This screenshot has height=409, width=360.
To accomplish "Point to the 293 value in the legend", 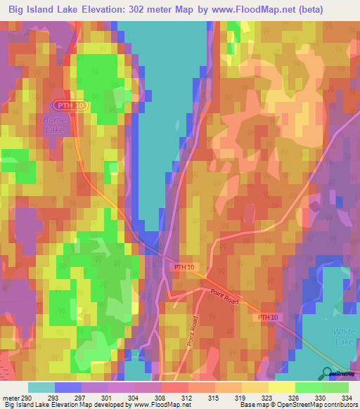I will [x=53, y=396].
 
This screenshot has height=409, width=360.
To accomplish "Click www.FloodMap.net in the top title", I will [x=242, y=9].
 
